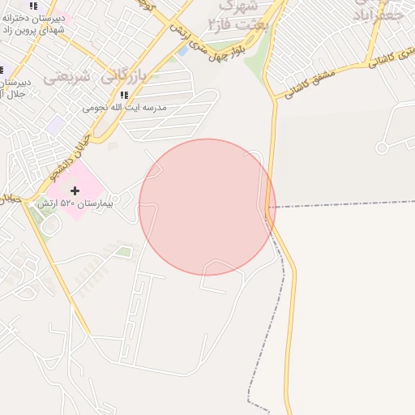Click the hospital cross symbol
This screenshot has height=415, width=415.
(75, 190)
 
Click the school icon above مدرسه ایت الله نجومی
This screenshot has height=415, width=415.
(124, 96)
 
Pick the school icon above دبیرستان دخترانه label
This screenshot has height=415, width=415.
(33, 6)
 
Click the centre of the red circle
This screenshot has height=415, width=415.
(207, 207)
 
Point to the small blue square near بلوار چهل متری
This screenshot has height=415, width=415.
(182, 50)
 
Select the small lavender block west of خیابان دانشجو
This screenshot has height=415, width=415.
(55, 126)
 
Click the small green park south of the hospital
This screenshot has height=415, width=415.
(123, 252)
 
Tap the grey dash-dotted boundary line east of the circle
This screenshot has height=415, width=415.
(340, 206)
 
